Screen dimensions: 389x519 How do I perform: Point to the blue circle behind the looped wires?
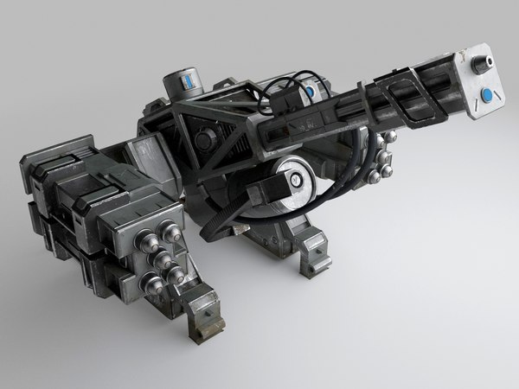(309, 86)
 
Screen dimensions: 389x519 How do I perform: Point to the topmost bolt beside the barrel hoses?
(360, 143)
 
